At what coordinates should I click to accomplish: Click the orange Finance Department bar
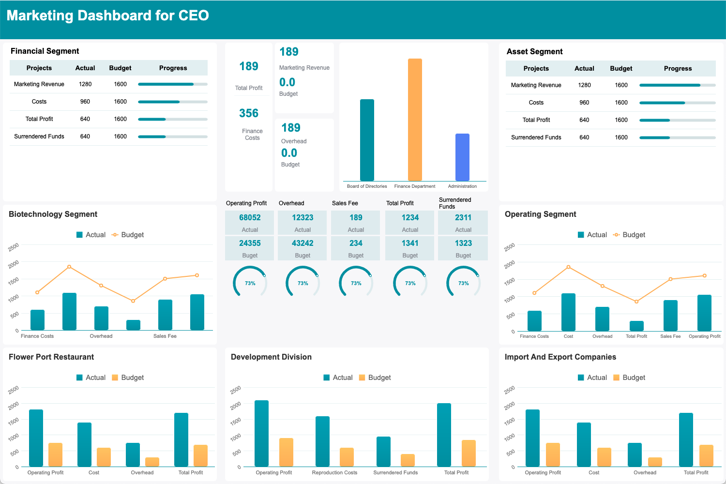coord(415,120)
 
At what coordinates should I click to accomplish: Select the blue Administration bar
coord(462,157)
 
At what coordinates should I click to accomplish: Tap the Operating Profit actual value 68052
coord(250,218)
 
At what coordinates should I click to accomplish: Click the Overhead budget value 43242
coord(302,243)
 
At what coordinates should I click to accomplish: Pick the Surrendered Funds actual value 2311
coord(463,218)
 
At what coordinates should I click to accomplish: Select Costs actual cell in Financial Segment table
coord(85,102)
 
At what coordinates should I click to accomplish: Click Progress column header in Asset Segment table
coord(678,69)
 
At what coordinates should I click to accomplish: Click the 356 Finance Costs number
coord(249,113)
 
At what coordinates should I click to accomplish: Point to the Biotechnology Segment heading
coord(53,214)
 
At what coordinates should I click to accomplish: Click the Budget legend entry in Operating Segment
coord(629,235)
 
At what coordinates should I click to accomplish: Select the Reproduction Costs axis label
coord(334,472)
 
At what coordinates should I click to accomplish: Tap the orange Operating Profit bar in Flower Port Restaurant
coord(55,454)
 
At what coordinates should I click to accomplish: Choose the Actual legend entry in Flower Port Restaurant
coord(91,378)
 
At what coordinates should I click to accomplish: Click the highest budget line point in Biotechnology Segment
coord(69,267)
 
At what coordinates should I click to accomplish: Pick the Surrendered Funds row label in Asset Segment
coord(536,137)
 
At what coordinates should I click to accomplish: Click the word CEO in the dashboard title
coord(193,15)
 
